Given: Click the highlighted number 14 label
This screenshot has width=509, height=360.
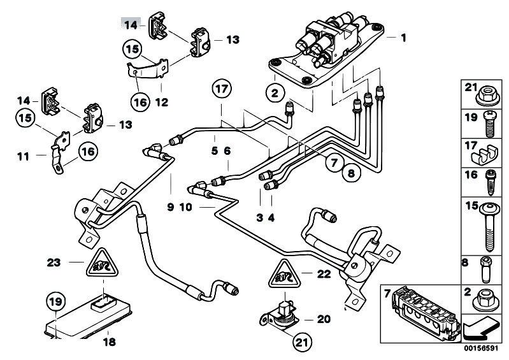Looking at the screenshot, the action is tap(131, 25).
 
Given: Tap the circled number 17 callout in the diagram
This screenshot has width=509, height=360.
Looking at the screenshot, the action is tap(222, 89).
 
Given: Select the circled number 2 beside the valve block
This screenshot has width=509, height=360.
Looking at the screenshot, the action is tap(275, 93).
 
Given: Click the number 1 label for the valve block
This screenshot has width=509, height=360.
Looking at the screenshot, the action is tap(403, 38).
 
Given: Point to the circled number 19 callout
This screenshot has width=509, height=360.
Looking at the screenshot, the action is tap(56, 301).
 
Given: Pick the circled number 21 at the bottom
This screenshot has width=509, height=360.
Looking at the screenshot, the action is tap(303, 342).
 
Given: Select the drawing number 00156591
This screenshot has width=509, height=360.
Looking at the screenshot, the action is tap(480, 349).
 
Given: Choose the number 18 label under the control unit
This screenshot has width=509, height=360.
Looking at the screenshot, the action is tap(110, 342).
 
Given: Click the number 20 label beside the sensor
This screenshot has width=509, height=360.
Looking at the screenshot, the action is tap(324, 319).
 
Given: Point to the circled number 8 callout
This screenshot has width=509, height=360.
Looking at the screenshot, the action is tap(351, 173).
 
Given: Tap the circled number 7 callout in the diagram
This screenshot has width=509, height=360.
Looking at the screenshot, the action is tap(334, 162).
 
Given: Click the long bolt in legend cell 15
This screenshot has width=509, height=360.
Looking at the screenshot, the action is tap(490, 227).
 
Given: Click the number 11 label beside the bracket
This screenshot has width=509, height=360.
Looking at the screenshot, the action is tap(23, 157).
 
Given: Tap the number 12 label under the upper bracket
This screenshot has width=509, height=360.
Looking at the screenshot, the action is tap(162, 103).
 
